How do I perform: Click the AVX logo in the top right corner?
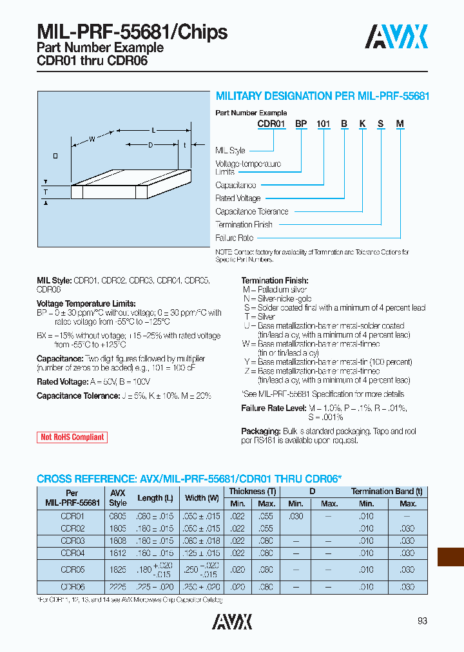pos(396,37)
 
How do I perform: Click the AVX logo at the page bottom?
pos(232,621)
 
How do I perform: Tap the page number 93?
pos(422,621)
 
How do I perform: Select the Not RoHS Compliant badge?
pos(72,437)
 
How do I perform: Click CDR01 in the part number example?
pos(271,124)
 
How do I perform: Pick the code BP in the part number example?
pos(301,124)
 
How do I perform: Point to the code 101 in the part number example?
pos(323,124)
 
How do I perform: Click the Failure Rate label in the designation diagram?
pos(235,238)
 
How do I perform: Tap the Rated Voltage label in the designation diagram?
pos(238,198)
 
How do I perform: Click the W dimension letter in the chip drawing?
pos(92,139)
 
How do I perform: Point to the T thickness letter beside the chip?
pos(46,192)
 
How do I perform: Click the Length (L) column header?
pos(155,498)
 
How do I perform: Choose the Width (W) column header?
pos(204,498)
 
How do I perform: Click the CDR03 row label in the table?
pos(72,541)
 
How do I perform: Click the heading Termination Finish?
pos(275,280)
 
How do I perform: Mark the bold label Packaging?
pos(260,431)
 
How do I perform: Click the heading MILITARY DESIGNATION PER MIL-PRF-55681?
pos(322,96)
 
